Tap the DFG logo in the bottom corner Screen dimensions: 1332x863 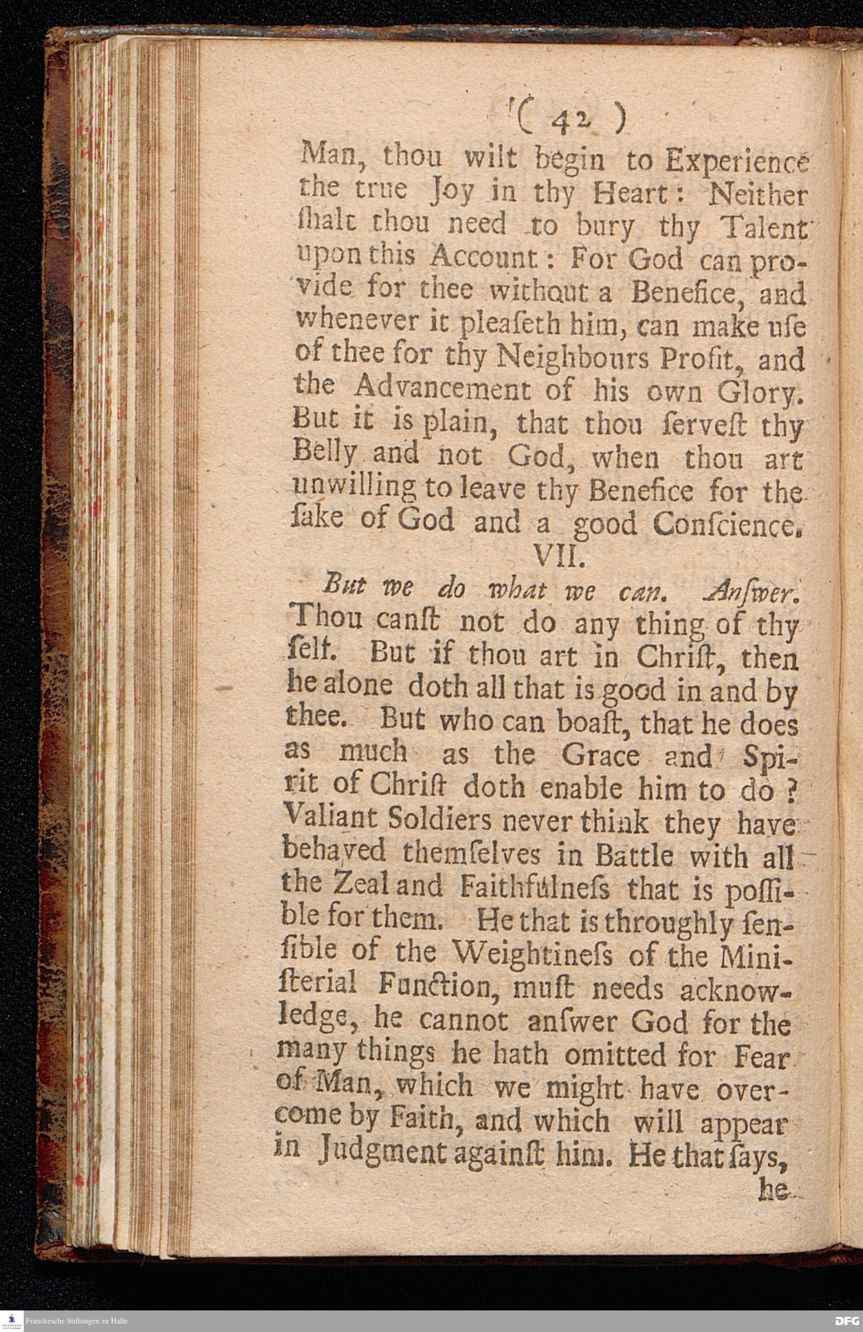click(x=846, y=1321)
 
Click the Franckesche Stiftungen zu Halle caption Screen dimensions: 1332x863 click(x=77, y=1321)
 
